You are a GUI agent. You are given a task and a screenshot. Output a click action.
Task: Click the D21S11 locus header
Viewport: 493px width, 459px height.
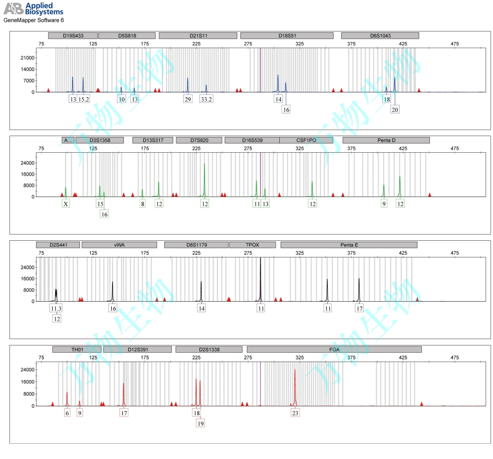198,36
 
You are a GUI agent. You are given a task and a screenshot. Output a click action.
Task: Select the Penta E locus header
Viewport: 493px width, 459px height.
349,245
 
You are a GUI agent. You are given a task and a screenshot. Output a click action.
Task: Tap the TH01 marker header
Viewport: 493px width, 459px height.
77,350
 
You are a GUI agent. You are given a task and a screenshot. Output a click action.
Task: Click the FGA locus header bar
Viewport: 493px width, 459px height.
334,350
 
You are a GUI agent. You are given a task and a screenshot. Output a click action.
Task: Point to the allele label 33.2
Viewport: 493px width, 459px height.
206,99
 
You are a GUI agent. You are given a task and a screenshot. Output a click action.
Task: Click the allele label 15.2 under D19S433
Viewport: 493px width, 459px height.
84,99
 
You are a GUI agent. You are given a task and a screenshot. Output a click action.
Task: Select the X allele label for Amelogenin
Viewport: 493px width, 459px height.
66,204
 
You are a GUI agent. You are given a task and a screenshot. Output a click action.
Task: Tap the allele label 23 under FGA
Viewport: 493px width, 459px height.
295,413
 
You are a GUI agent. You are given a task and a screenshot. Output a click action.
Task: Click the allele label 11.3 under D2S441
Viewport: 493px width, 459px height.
56,309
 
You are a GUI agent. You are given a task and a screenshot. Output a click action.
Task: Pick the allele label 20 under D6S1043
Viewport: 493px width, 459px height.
395,110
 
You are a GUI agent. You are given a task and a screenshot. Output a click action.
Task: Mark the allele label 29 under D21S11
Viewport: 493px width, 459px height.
187,99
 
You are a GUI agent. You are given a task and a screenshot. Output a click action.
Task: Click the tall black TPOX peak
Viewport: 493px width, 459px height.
260,277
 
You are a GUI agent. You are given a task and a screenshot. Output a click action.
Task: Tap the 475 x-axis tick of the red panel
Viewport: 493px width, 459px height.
455,358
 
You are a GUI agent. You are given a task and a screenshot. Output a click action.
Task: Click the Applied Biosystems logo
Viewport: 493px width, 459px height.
33,9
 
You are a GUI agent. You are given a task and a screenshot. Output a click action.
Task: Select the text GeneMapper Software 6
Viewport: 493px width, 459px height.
34,21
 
